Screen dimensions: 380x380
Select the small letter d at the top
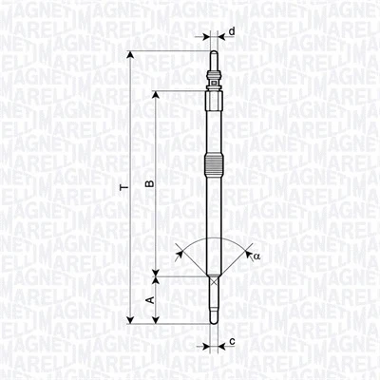click(x=231, y=31)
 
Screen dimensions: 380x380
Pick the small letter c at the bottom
click(x=232, y=340)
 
